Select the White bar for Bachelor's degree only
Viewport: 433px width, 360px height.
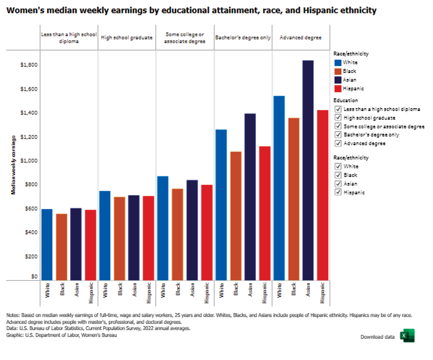tap(221, 205)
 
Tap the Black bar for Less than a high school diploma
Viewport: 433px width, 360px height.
tap(61, 247)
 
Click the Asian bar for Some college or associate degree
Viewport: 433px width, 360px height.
tap(192, 230)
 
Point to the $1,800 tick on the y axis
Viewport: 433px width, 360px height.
tap(28, 65)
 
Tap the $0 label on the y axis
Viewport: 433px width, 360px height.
tap(34, 277)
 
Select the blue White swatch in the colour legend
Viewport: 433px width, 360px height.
tap(338, 62)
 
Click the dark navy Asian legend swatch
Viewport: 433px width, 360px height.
tap(338, 80)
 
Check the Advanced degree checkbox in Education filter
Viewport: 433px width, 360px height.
tap(338, 144)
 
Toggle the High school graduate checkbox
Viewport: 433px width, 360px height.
tap(338, 118)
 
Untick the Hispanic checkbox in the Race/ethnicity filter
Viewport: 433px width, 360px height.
tap(338, 193)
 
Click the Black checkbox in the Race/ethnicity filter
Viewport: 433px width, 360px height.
tap(338, 175)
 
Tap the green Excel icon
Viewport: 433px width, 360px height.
tap(407, 336)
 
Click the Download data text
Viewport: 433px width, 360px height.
tap(377, 337)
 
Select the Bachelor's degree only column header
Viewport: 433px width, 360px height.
tap(243, 38)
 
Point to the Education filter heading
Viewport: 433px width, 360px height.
tap(346, 100)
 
